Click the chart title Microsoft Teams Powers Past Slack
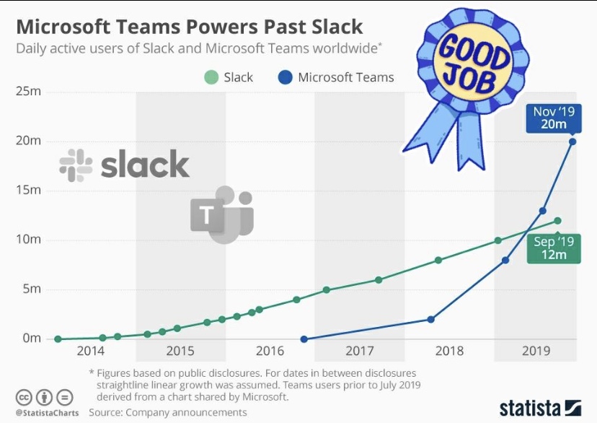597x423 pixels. click(x=189, y=27)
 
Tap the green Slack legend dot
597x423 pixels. click(x=211, y=77)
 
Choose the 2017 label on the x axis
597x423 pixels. click(x=359, y=352)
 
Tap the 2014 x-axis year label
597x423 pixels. click(x=91, y=352)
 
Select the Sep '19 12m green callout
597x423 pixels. click(x=554, y=248)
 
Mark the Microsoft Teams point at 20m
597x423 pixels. click(x=572, y=141)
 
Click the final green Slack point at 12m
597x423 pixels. click(x=557, y=221)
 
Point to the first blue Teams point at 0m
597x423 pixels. click(x=304, y=339)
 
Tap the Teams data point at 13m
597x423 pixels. click(x=543, y=211)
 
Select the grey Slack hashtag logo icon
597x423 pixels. click(x=76, y=165)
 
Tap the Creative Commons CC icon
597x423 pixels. click(x=24, y=398)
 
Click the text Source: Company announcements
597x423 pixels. click(x=167, y=413)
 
